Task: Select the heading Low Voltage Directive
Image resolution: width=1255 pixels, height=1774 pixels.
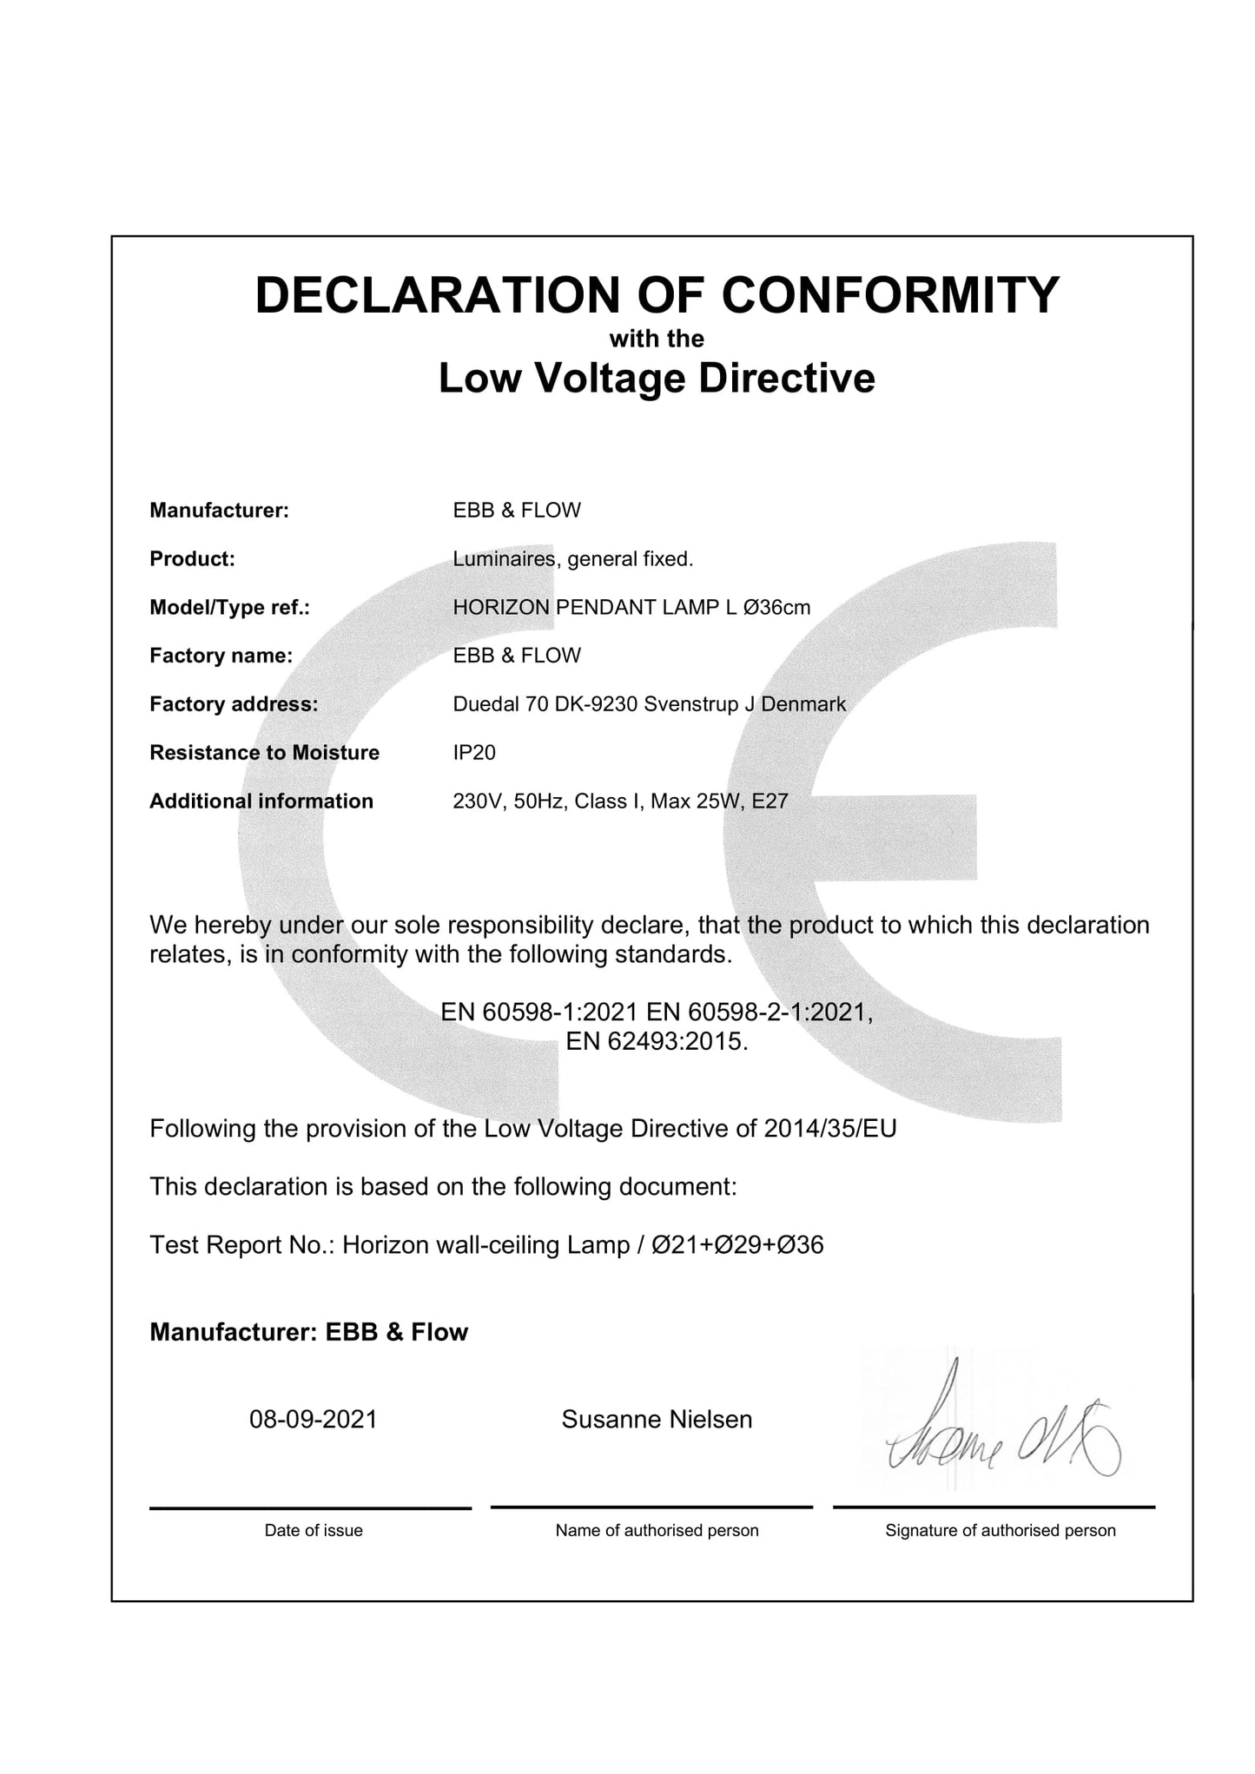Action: pos(657,379)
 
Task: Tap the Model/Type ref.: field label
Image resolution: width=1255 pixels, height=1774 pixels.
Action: pos(229,608)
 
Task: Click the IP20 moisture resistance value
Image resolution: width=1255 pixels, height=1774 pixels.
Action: pos(474,753)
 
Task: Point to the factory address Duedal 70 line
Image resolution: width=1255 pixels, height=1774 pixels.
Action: pos(649,704)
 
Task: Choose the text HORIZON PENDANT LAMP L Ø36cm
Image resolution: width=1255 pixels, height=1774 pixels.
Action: pos(631,608)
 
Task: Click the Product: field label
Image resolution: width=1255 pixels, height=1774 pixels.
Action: pos(192,559)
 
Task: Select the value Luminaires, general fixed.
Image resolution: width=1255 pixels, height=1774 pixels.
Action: pos(573,559)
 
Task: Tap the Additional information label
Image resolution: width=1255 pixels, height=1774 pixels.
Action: pos(261,801)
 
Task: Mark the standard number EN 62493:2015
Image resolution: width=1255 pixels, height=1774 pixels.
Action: pos(657,1041)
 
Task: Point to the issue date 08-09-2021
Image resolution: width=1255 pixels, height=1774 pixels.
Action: pos(314,1420)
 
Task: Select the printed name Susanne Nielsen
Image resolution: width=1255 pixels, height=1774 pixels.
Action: pos(657,1420)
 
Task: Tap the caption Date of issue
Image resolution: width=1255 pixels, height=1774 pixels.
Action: pos(314,1531)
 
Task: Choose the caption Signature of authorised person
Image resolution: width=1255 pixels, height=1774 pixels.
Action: pos(1001,1531)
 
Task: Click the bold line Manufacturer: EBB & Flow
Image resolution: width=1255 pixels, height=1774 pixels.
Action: pos(308,1332)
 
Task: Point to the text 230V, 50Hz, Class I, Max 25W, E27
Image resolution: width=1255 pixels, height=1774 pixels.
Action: pos(620,801)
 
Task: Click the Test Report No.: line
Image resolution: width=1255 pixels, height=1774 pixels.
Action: pos(486,1245)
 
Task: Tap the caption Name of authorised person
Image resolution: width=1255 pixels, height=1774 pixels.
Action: pos(657,1531)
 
